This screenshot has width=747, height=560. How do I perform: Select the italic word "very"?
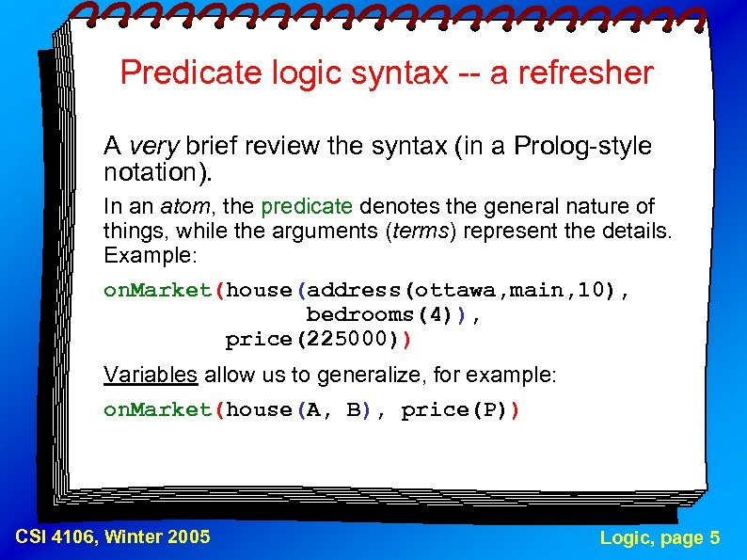(153, 147)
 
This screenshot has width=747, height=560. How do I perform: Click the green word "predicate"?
(307, 207)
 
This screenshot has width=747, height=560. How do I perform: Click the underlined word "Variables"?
(151, 376)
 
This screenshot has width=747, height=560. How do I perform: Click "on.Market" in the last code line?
(158, 410)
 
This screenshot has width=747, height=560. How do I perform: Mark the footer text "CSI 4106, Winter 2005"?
(113, 537)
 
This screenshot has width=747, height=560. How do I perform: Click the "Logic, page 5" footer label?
(660, 537)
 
